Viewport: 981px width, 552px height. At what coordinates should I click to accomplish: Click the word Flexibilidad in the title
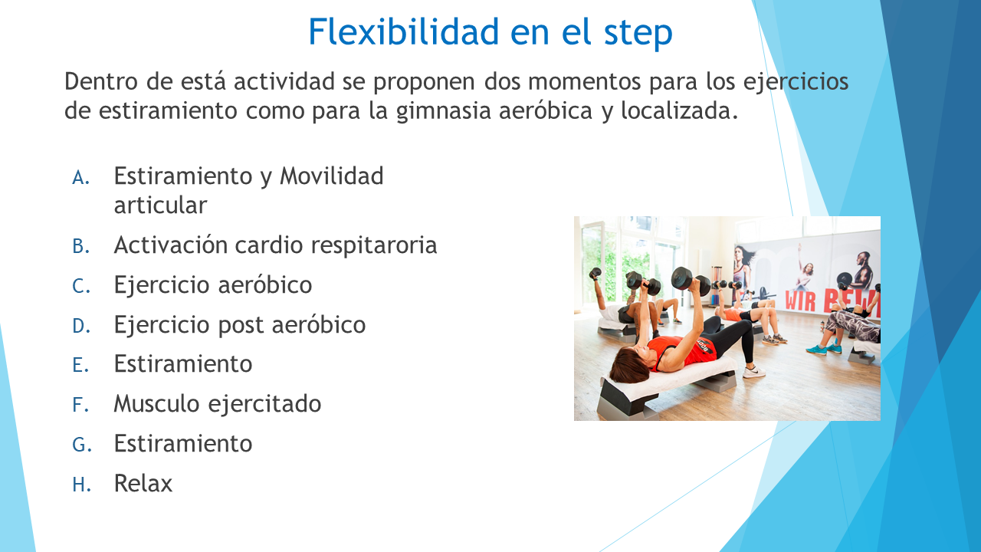click(x=404, y=31)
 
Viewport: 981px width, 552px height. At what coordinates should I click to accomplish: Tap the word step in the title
click(x=638, y=34)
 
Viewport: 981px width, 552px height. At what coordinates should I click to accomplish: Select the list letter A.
click(x=81, y=178)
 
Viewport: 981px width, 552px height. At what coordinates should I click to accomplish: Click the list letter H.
click(x=81, y=485)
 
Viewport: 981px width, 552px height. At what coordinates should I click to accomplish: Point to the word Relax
click(x=143, y=484)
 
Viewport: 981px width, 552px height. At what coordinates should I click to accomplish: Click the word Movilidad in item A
click(x=332, y=176)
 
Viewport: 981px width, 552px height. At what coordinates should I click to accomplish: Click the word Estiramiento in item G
click(x=183, y=443)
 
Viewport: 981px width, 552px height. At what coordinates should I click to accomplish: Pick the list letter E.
click(x=80, y=365)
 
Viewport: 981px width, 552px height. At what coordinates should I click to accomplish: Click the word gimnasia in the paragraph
click(x=443, y=111)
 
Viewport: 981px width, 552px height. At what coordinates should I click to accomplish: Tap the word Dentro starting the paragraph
click(x=100, y=81)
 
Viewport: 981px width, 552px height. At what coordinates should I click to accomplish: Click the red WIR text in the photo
click(x=800, y=301)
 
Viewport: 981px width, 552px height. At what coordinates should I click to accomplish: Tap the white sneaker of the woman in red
click(x=753, y=372)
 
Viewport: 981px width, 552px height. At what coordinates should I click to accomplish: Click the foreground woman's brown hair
click(x=628, y=366)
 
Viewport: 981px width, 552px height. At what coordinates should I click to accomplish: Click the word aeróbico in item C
click(x=265, y=284)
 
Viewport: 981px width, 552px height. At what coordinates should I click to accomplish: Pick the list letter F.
click(x=80, y=405)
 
